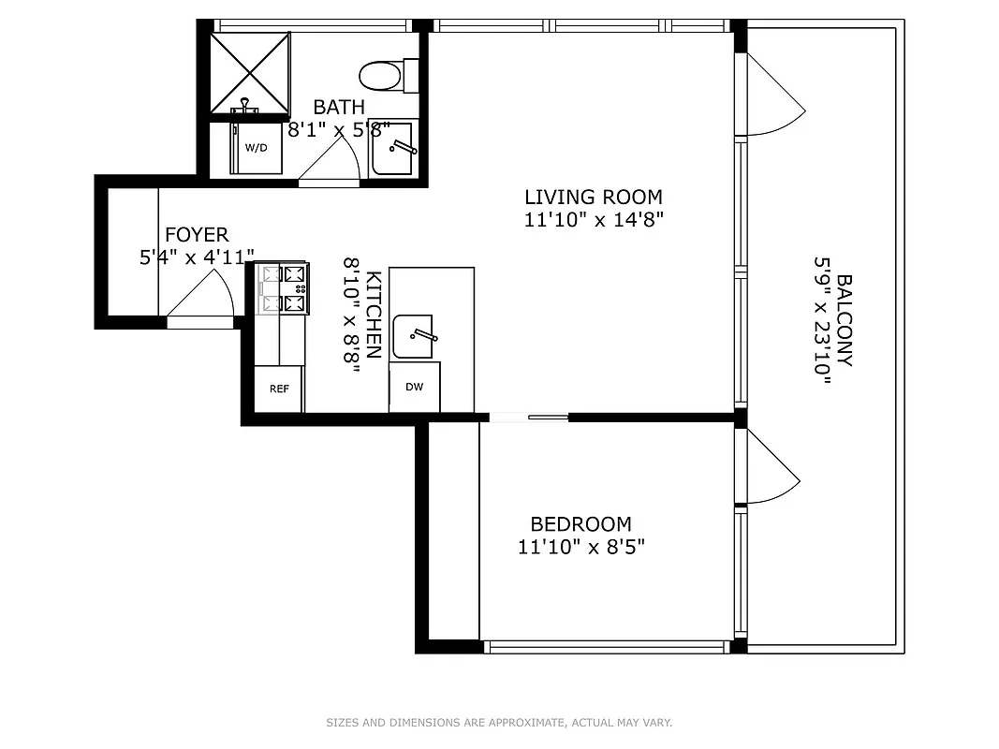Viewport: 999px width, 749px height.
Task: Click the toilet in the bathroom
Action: point(388,76)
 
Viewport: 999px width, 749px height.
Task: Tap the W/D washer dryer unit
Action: point(257,148)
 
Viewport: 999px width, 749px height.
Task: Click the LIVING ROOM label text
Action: point(593,198)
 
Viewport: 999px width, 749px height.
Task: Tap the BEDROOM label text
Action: point(580,524)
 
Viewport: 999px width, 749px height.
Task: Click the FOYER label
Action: point(197,235)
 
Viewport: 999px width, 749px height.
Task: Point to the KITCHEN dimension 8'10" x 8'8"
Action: point(352,316)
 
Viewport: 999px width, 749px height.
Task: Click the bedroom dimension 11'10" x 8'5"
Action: point(580,547)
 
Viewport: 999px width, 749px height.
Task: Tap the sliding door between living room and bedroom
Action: point(529,418)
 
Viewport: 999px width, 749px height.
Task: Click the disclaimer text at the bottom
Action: point(499,722)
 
